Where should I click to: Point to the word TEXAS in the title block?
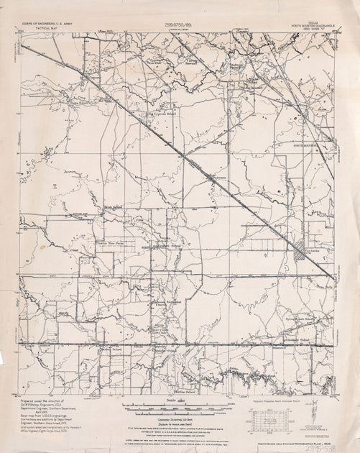(x=313, y=22)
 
